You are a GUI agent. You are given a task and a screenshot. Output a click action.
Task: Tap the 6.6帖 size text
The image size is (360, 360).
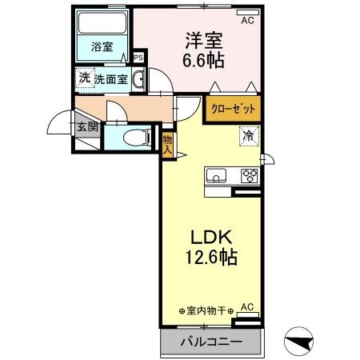[x=202, y=59]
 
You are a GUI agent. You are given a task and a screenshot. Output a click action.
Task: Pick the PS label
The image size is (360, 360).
[x=138, y=58]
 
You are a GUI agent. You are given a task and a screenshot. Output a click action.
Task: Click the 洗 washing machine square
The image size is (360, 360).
[x=84, y=78]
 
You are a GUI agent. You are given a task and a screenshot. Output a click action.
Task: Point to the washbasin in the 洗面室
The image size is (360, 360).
[x=138, y=78]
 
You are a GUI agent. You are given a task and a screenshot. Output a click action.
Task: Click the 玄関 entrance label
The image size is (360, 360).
[x=86, y=126]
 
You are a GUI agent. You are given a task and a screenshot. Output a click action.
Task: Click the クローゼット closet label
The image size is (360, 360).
[x=235, y=108]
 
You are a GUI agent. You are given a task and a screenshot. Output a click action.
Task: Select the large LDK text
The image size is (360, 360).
[x=210, y=238]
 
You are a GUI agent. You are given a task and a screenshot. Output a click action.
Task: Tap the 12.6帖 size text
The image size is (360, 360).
[x=210, y=259]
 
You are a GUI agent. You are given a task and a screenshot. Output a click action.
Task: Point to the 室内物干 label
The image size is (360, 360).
[x=206, y=310]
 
